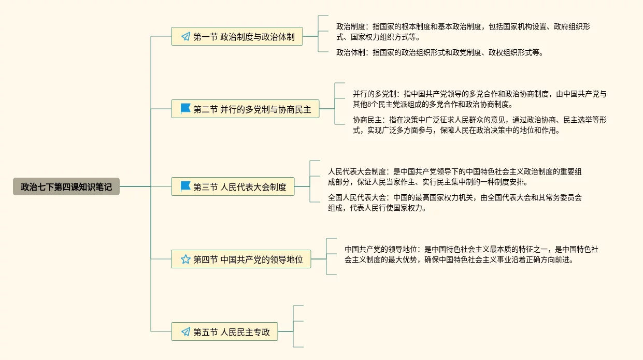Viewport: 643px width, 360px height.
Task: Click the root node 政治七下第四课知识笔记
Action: (66, 186)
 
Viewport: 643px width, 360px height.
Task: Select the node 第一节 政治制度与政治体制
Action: (237, 37)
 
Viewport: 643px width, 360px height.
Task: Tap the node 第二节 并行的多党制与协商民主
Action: (245, 109)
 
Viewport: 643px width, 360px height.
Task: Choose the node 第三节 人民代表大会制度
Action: (233, 186)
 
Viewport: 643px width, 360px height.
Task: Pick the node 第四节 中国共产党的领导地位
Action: (241, 259)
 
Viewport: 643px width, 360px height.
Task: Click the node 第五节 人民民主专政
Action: (224, 332)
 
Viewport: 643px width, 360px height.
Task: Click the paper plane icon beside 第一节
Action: (185, 37)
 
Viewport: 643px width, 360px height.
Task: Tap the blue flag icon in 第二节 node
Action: (185, 109)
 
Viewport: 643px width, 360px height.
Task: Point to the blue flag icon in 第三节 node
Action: (185, 186)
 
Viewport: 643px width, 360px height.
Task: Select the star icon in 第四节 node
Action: (185, 259)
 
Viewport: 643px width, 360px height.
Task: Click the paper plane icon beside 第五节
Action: (185, 332)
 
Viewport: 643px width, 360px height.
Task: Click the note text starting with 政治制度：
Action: (463, 32)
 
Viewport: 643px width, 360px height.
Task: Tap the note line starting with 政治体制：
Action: (439, 52)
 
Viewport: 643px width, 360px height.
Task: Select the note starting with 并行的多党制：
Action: (479, 99)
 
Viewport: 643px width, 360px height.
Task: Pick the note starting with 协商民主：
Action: (479, 125)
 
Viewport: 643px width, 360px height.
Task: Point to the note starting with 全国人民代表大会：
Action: (454, 203)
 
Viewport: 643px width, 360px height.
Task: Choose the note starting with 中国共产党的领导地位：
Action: (471, 254)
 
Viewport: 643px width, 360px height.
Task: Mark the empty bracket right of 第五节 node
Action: (298, 326)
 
